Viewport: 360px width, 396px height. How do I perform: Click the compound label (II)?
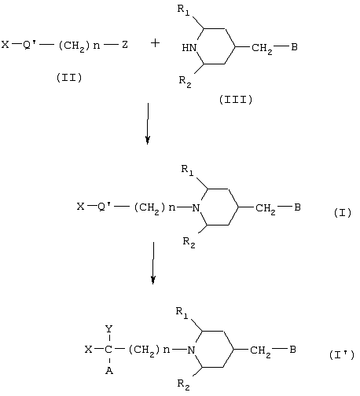(x=69, y=78)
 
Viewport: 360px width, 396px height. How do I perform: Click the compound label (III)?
(x=236, y=100)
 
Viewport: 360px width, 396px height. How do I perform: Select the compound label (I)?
(x=343, y=213)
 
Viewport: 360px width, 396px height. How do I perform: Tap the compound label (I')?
(x=342, y=355)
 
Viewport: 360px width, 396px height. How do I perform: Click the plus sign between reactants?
(x=155, y=43)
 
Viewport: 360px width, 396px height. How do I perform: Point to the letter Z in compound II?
(x=125, y=45)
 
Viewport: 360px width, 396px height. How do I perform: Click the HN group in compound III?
(x=189, y=48)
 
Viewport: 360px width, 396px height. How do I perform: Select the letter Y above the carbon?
(x=108, y=328)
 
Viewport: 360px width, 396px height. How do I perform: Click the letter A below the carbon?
(x=109, y=370)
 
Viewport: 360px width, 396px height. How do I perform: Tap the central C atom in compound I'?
(x=108, y=350)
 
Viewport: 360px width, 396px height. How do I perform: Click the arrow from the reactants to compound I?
(x=148, y=123)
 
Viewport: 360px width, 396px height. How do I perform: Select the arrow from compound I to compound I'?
(x=153, y=262)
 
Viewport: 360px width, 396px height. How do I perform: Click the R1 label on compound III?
(x=183, y=10)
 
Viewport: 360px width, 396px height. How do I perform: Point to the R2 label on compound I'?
(x=183, y=384)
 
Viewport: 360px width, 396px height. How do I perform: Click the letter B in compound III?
(x=294, y=47)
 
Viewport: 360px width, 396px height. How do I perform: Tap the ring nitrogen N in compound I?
(x=196, y=207)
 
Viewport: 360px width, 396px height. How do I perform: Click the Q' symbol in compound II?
(x=29, y=45)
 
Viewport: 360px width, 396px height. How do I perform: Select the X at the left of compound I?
(x=81, y=207)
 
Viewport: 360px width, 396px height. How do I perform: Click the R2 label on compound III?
(x=186, y=82)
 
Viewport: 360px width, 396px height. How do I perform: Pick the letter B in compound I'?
(x=292, y=350)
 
